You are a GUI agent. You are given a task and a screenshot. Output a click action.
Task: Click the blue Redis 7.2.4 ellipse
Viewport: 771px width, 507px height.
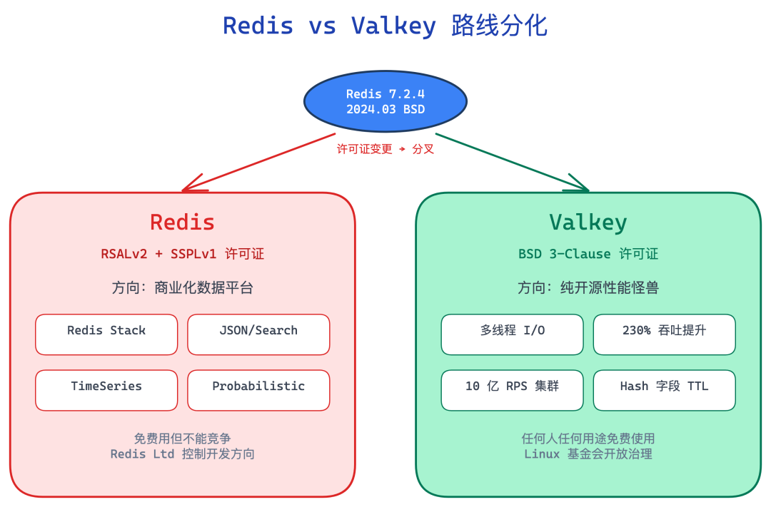pos(385,101)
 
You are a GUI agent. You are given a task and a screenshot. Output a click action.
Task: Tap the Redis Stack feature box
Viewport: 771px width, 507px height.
pos(106,334)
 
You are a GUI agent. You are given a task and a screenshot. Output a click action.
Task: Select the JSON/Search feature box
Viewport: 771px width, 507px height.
pos(258,334)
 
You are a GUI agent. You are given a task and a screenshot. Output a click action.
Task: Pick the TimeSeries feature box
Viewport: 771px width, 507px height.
pos(106,390)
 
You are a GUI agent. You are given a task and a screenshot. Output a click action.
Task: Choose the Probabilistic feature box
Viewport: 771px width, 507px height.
pos(258,390)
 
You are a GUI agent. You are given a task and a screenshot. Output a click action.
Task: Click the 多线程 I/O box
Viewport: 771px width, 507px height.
pos(513,334)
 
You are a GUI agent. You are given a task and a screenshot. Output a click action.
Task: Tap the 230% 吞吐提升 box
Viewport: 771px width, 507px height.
pos(665,334)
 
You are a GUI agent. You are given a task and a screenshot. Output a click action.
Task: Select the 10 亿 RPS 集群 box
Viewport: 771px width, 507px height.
pos(513,390)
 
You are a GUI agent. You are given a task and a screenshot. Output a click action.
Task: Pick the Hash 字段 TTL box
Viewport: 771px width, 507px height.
pos(665,390)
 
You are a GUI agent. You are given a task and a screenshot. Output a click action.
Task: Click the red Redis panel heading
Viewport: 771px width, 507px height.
pos(183,222)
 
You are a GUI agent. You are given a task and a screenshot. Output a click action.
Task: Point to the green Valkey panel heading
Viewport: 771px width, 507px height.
pos(588,222)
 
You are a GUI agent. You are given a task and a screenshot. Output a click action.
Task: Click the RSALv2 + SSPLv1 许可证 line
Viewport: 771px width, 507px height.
pos(183,254)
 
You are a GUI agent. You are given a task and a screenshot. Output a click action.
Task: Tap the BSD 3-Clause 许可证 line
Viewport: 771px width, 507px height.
pos(588,254)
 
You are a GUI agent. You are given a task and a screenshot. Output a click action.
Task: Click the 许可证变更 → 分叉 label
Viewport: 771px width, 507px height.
pos(385,149)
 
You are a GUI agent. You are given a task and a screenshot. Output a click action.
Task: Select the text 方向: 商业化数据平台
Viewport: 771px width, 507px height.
pos(183,287)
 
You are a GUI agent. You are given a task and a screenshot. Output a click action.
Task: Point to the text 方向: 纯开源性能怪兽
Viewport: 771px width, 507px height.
pos(588,287)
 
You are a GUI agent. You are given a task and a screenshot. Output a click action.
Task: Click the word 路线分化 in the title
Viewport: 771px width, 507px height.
pos(499,26)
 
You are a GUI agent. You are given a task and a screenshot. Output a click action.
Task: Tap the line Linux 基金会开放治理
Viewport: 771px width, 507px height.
pos(588,454)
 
